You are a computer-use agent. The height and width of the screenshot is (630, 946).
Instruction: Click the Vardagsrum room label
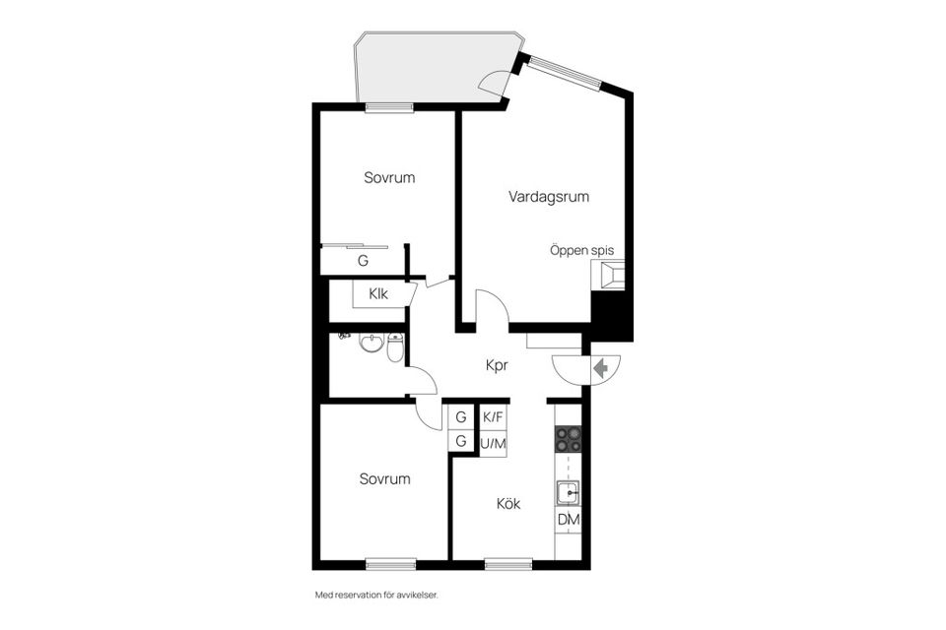click(x=549, y=197)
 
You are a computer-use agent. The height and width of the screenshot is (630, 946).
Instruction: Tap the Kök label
click(x=508, y=504)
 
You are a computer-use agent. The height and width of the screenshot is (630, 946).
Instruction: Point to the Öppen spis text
click(x=581, y=251)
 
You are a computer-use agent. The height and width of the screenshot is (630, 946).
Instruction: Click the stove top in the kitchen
click(x=569, y=439)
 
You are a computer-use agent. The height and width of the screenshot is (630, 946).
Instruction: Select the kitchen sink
click(x=568, y=492)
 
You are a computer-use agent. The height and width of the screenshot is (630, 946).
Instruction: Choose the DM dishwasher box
click(x=569, y=520)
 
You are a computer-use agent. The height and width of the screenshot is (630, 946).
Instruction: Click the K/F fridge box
click(x=493, y=417)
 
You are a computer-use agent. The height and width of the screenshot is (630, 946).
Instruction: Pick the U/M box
click(x=493, y=444)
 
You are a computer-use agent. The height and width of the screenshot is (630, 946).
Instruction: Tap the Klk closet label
click(x=378, y=293)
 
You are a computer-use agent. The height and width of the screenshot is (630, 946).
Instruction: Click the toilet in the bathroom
click(x=395, y=347)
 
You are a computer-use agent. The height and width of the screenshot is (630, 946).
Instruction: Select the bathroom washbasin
click(x=372, y=343)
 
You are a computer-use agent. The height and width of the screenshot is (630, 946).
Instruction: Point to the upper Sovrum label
click(x=389, y=178)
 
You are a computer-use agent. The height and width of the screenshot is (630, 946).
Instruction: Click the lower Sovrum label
click(x=384, y=479)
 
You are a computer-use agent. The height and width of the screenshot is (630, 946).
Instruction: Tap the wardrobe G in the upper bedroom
click(x=363, y=261)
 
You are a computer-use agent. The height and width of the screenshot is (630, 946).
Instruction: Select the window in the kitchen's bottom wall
click(x=508, y=564)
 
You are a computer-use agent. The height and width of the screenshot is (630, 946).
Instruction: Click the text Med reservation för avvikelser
click(x=375, y=596)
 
